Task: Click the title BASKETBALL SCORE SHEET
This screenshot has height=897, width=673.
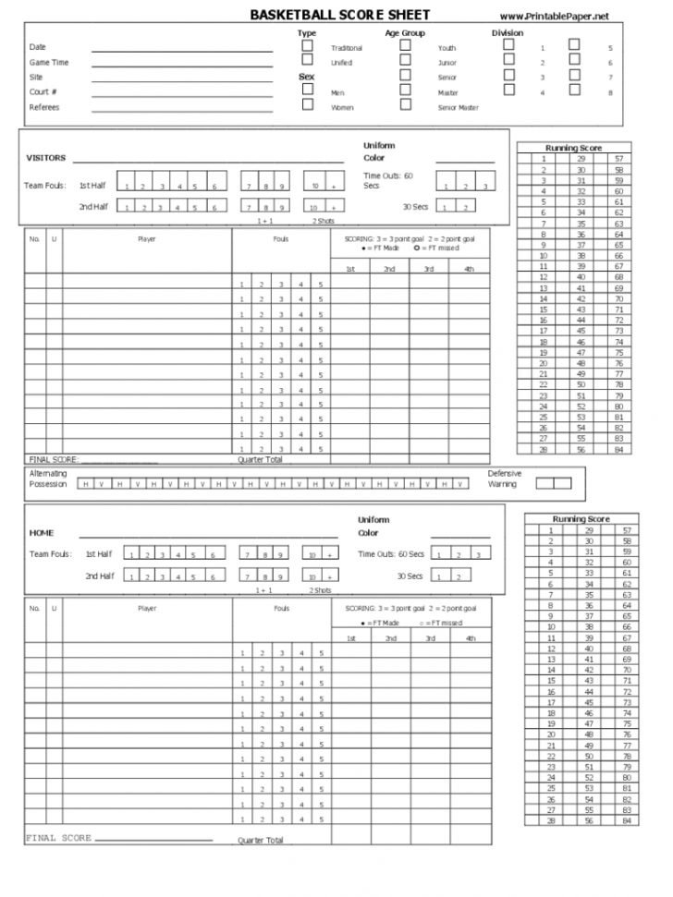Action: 339,15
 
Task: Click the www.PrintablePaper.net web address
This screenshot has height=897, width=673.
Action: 555,16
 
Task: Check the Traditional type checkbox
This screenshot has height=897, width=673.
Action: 308,45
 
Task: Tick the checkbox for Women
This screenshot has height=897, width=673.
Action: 308,105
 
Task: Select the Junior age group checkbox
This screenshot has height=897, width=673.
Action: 405,61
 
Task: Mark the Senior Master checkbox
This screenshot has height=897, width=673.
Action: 405,104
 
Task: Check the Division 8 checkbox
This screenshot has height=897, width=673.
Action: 574,90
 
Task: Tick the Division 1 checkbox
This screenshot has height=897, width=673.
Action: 508,45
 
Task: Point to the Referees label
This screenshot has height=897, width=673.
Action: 43,107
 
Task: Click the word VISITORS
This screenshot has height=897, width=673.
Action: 45,158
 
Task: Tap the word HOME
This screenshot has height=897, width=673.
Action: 42,533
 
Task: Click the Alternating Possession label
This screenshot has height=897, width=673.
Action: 47,479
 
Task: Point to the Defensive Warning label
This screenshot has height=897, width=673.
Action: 505,479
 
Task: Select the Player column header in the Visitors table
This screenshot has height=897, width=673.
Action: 147,238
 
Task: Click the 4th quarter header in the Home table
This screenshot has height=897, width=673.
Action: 471,638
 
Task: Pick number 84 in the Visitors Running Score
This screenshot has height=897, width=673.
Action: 618,449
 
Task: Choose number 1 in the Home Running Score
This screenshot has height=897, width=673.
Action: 550,530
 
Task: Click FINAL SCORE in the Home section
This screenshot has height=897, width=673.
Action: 58,838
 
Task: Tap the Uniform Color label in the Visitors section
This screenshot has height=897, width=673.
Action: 379,152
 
